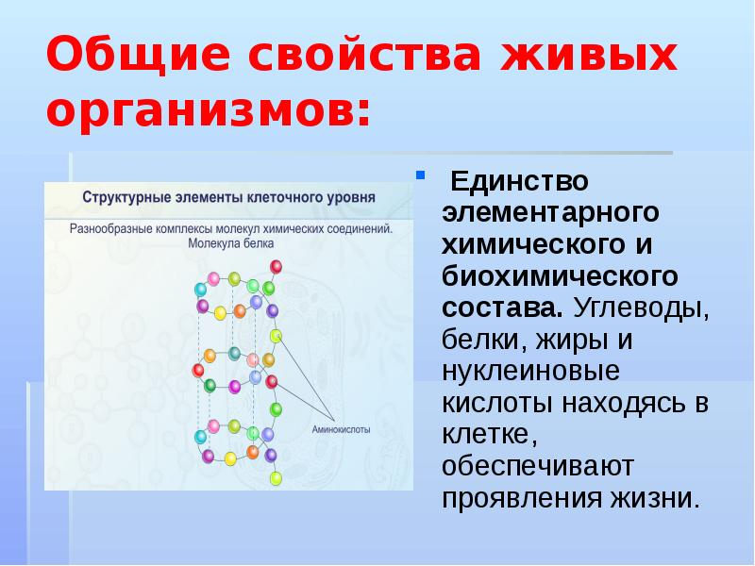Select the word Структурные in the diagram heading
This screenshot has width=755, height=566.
(x=126, y=199)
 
